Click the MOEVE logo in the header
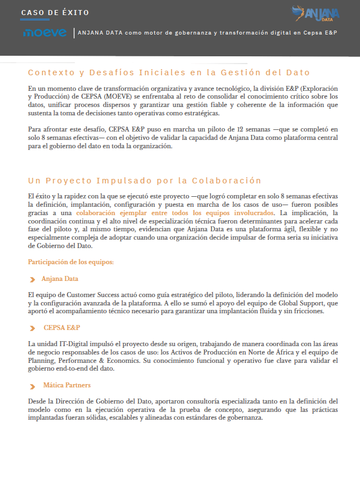click(x=45, y=33)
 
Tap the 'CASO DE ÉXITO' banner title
click(x=55, y=13)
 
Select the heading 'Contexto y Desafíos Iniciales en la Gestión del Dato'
click(x=169, y=72)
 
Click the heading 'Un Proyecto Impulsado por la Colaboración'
click(x=144, y=181)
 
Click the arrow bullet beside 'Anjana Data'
click(x=33, y=279)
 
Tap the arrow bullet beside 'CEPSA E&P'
click(x=33, y=328)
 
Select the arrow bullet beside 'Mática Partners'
click(x=33, y=386)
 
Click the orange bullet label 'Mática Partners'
click(x=67, y=385)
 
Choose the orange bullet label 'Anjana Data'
click(x=60, y=278)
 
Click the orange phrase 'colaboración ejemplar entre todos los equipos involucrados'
click(x=175, y=213)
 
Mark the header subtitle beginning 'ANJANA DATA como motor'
click(x=207, y=33)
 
